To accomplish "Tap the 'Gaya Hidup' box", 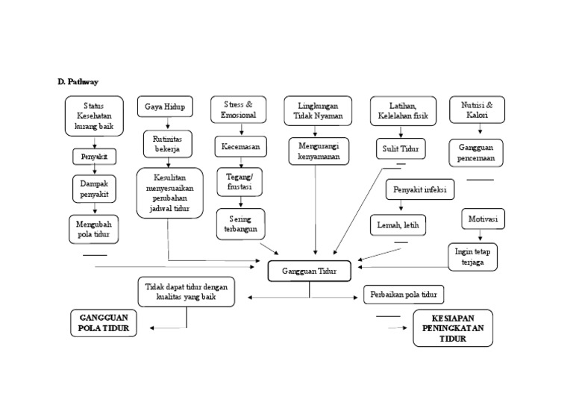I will [163, 107].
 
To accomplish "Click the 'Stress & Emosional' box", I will [238, 110].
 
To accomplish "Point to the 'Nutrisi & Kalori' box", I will [477, 110].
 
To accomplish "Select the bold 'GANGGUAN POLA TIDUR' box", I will [104, 322].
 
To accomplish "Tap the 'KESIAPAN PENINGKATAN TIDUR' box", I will [452, 328].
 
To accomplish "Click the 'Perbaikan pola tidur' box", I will [404, 294].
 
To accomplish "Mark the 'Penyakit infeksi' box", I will [419, 190].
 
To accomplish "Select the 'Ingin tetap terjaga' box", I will [472, 257].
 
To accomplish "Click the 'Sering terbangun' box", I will [238, 223].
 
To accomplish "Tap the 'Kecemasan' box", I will [239, 147].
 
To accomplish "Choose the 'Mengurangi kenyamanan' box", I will [319, 151].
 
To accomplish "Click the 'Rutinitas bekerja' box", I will [167, 144].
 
